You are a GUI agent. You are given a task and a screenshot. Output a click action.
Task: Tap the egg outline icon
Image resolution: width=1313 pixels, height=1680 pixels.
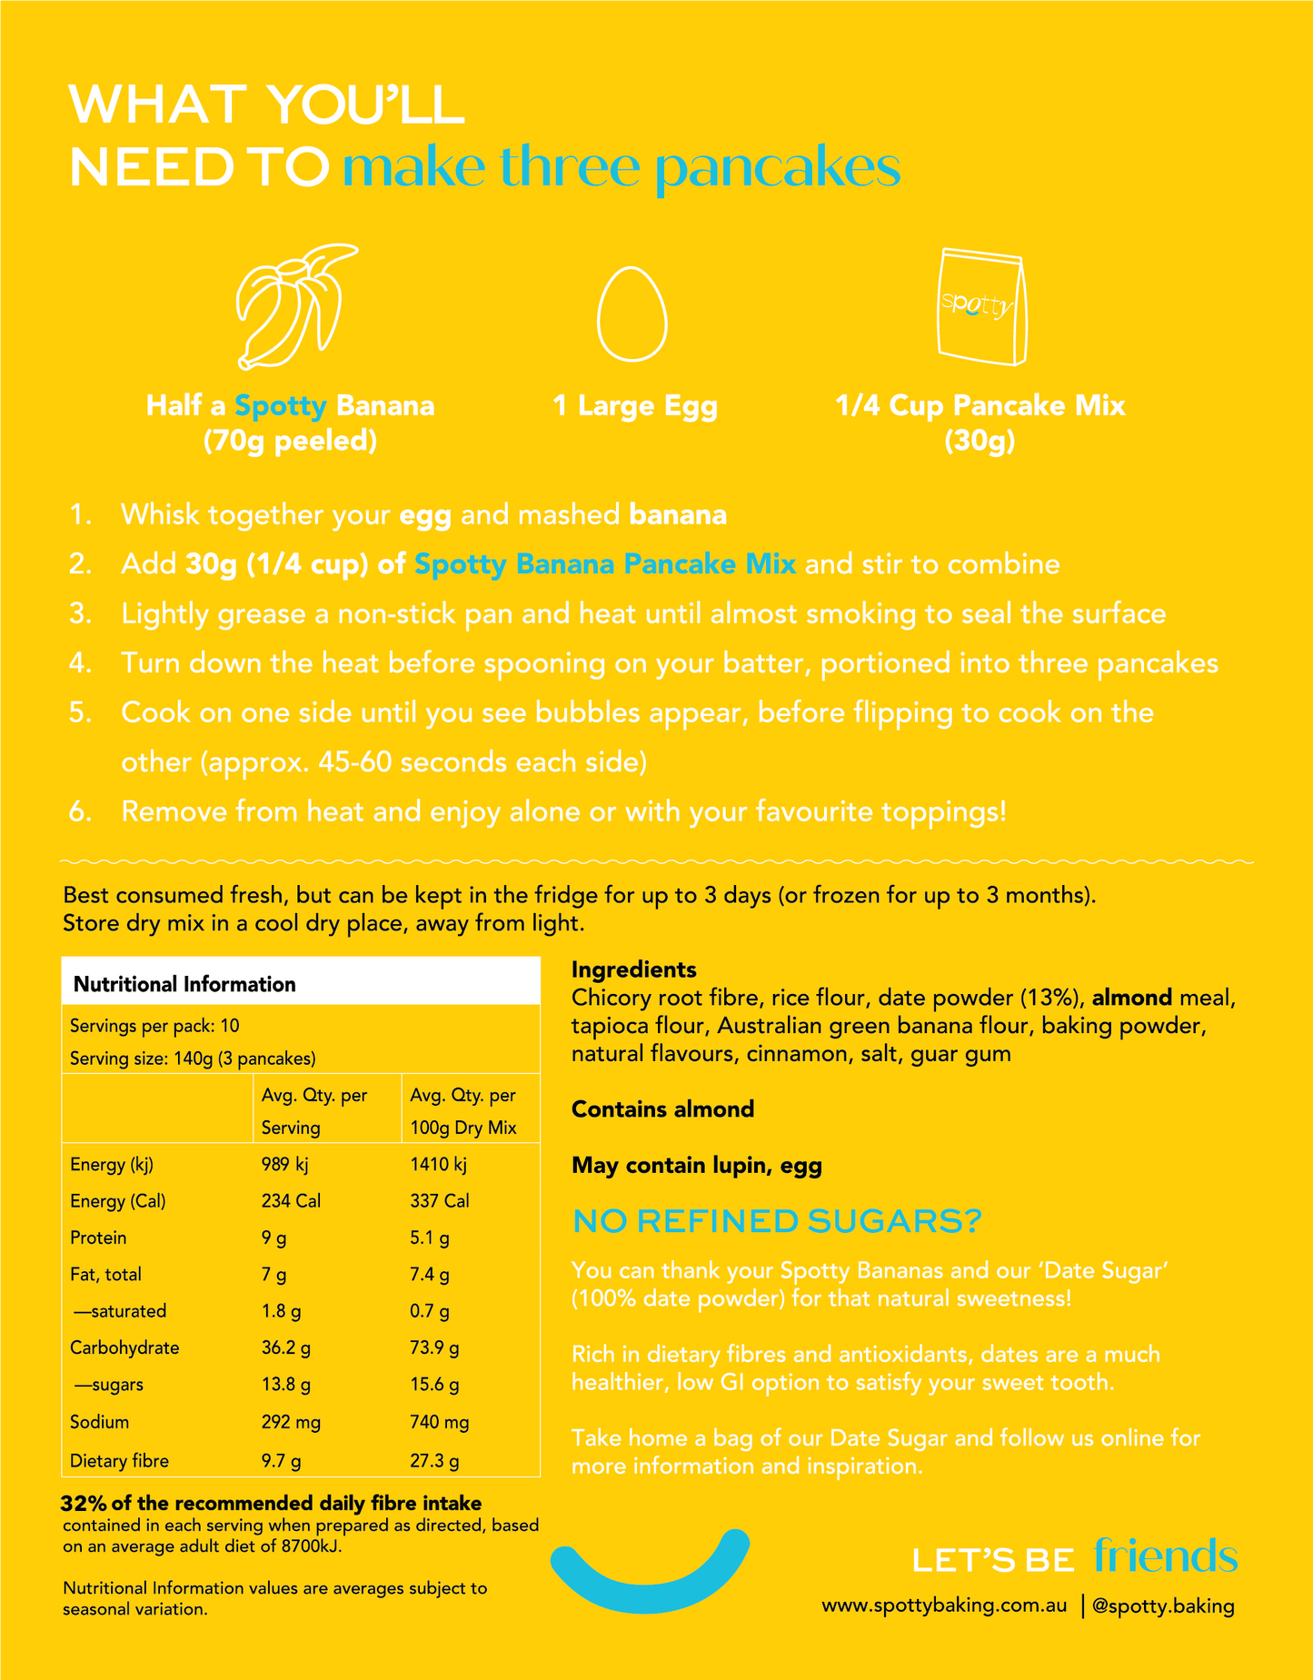coord(632,314)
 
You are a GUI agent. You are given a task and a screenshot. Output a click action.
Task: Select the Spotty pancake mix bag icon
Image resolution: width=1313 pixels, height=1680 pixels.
coord(982,308)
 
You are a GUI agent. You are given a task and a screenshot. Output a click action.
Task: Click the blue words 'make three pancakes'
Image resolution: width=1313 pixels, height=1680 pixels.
coord(622,168)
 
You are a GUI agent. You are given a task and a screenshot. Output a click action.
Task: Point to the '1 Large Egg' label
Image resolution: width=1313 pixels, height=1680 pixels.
coord(635,405)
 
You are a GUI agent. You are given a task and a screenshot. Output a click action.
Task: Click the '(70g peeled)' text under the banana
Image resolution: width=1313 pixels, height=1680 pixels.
coord(290,442)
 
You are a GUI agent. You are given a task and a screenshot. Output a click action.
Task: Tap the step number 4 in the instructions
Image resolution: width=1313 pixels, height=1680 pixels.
coord(80,663)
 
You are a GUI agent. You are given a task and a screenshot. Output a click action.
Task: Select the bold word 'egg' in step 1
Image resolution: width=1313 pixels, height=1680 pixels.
coord(425,515)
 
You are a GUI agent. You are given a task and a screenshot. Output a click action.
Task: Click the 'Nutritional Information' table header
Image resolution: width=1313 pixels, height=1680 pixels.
coord(184,984)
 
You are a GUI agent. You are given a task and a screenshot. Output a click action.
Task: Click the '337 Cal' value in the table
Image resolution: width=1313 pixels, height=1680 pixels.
coord(440,1201)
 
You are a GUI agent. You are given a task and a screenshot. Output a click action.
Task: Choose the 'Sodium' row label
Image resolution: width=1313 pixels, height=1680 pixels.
coord(99,1422)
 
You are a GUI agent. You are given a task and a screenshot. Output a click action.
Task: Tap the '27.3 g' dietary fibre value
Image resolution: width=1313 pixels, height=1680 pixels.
coord(434,1461)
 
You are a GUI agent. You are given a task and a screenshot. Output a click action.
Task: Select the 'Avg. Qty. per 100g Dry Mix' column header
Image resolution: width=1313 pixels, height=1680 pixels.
coord(463,1111)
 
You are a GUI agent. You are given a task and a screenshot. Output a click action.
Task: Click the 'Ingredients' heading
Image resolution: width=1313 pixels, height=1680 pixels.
coord(633,969)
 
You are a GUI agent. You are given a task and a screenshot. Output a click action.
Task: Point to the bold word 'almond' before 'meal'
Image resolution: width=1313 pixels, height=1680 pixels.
coord(1131,998)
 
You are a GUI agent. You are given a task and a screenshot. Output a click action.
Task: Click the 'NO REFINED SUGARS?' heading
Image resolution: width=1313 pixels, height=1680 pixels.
coord(777,1222)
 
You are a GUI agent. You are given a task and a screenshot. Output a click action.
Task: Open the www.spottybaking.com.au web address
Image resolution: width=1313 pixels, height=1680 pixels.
coord(944,1605)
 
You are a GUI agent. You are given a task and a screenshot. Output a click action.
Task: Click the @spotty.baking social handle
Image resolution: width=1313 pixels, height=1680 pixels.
coord(1162,1605)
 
